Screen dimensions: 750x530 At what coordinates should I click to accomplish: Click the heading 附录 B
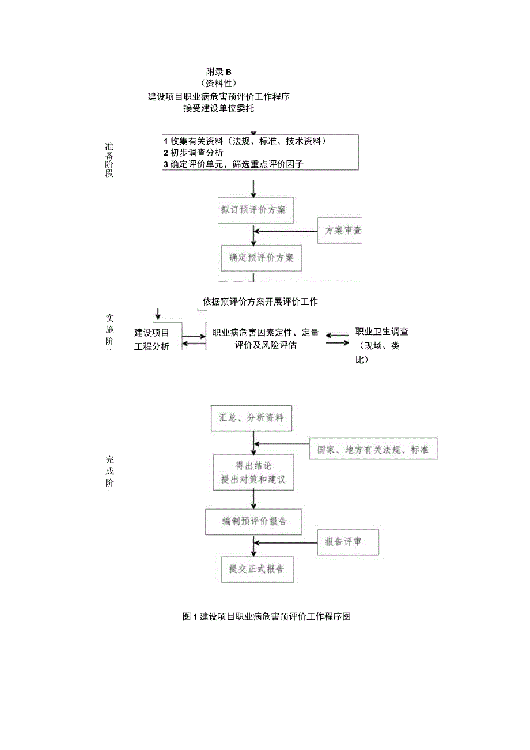pyautogui.click(x=218, y=72)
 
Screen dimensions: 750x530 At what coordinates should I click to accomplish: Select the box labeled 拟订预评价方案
pyautogui.click(x=253, y=210)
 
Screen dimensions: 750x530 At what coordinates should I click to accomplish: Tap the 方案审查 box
pyautogui.click(x=340, y=231)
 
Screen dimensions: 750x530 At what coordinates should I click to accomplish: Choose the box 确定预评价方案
pyautogui.click(x=261, y=258)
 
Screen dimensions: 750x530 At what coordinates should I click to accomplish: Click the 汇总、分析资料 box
pyautogui.click(x=251, y=418)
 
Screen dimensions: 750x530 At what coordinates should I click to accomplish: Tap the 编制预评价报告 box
pyautogui.click(x=254, y=522)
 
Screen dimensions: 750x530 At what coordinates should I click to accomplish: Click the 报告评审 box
pyautogui.click(x=347, y=542)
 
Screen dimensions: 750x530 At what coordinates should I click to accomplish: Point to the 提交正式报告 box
pyautogui.click(x=257, y=569)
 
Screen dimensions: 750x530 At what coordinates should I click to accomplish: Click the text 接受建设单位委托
pyautogui.click(x=218, y=108)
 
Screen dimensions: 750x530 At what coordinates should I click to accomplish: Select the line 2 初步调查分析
pyautogui.click(x=194, y=153)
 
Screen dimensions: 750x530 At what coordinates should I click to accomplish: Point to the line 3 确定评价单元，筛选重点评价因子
pyautogui.click(x=233, y=164)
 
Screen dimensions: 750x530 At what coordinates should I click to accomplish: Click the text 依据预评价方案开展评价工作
pyautogui.click(x=260, y=301)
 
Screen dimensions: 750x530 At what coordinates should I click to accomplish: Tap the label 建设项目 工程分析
pyautogui.click(x=152, y=340)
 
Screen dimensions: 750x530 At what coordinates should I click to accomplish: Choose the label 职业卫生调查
pyautogui.click(x=382, y=332)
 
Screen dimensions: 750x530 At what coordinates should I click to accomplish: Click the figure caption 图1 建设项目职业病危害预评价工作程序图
pyautogui.click(x=267, y=616)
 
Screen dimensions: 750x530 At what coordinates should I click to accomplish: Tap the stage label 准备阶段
pyautogui.click(x=109, y=160)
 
